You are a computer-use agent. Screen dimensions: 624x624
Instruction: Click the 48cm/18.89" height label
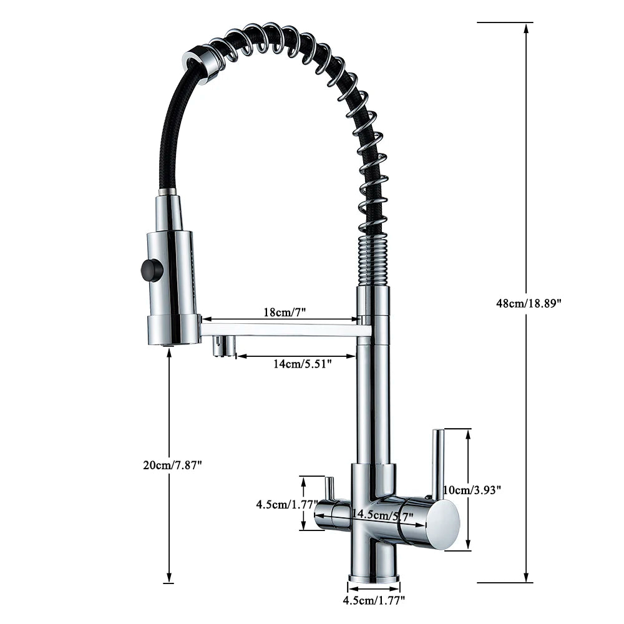pyautogui.click(x=529, y=304)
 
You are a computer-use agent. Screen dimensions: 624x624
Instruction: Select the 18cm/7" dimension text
pyautogui.click(x=285, y=313)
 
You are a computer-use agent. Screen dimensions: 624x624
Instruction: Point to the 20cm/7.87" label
pyautogui.click(x=173, y=464)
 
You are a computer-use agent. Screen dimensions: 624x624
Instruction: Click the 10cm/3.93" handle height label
pyautogui.click(x=472, y=490)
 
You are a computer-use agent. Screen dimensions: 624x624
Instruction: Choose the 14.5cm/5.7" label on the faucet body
pyautogui.click(x=383, y=515)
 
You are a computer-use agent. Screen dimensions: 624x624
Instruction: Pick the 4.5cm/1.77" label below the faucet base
pyautogui.click(x=374, y=600)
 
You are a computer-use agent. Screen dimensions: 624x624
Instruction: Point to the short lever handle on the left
pyautogui.click(x=329, y=488)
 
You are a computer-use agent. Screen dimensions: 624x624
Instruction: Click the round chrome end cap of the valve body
pyautogui.click(x=444, y=524)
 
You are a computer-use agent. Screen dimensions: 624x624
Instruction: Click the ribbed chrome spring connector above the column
pyautogui.click(x=372, y=258)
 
